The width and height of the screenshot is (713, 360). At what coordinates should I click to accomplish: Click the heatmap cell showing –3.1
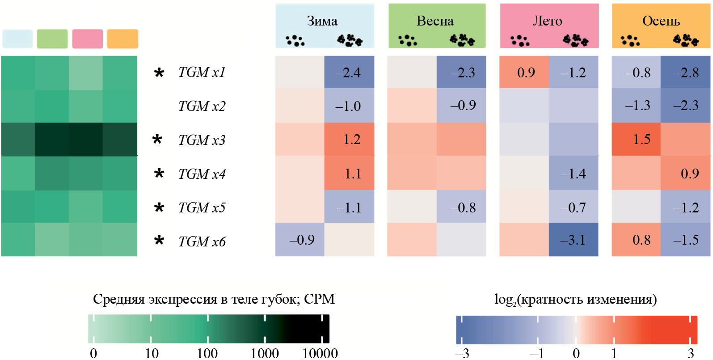pos(573,240)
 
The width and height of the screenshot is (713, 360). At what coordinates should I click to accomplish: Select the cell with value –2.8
pos(685,72)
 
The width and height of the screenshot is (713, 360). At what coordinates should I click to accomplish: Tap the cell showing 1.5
pos(636,140)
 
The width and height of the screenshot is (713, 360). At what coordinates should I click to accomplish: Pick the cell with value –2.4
pos(349,72)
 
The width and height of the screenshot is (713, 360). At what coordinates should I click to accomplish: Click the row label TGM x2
pos(202,106)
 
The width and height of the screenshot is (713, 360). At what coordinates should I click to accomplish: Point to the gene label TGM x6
pos(202,241)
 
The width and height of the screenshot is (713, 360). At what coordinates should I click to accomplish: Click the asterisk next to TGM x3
pos(157,140)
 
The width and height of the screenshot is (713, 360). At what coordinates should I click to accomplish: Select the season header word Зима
pos(322,21)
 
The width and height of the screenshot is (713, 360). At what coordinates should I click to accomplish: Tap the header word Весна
pos(435,21)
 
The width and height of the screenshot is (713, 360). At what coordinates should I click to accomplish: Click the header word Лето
pos(548,21)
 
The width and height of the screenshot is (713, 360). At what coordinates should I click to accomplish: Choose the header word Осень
pos(661,21)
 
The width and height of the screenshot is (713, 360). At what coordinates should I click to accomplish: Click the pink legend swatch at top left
pos(88,39)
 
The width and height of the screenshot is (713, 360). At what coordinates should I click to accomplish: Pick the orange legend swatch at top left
pos(122,39)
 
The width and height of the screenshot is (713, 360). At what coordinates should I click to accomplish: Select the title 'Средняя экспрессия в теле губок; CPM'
pos(214,299)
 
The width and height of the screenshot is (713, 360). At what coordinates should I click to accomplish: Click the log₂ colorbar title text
pos(575,299)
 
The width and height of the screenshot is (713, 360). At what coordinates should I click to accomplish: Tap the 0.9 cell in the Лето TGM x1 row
pos(524,72)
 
